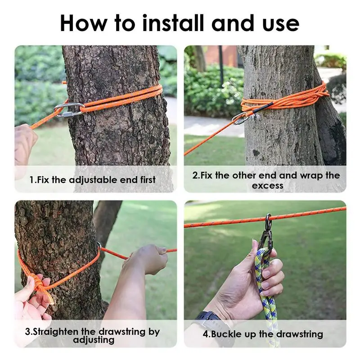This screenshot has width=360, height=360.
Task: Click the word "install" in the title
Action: (173, 23)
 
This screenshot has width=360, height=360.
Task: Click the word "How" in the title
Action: (83, 23)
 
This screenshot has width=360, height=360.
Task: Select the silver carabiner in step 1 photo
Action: (69, 110)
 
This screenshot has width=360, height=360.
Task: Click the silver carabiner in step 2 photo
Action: (240, 118)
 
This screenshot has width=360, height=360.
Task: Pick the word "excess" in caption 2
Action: (267, 185)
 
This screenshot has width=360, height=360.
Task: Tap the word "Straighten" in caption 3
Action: (55, 332)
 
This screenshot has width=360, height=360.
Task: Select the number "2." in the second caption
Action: (196, 175)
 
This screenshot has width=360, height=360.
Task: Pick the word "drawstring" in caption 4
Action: (300, 334)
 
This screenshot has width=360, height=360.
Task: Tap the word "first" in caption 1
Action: (148, 180)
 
